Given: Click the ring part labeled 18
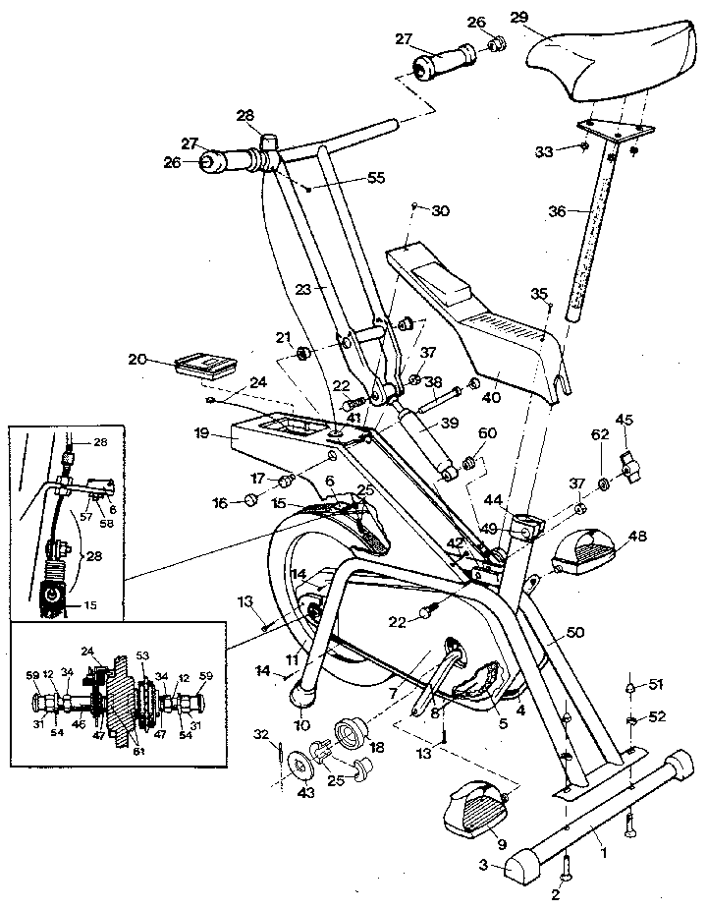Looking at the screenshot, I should (x=351, y=732).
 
